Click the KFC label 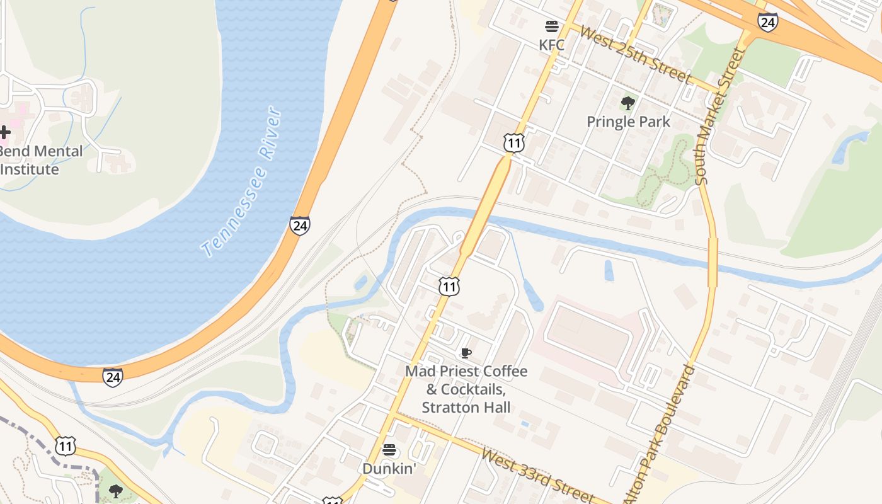[551, 45]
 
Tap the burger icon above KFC [552, 26]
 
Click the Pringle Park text [628, 121]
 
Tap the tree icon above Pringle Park [627, 103]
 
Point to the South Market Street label [719, 117]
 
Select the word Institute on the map [30, 169]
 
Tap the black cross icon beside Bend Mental [4, 132]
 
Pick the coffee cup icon [466, 353]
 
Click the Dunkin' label [389, 469]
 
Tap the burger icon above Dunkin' [389, 450]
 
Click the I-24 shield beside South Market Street [767, 23]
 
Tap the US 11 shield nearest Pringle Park [514, 143]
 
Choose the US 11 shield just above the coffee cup [449, 287]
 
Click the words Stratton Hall [466, 407]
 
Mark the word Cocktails [472, 389]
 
